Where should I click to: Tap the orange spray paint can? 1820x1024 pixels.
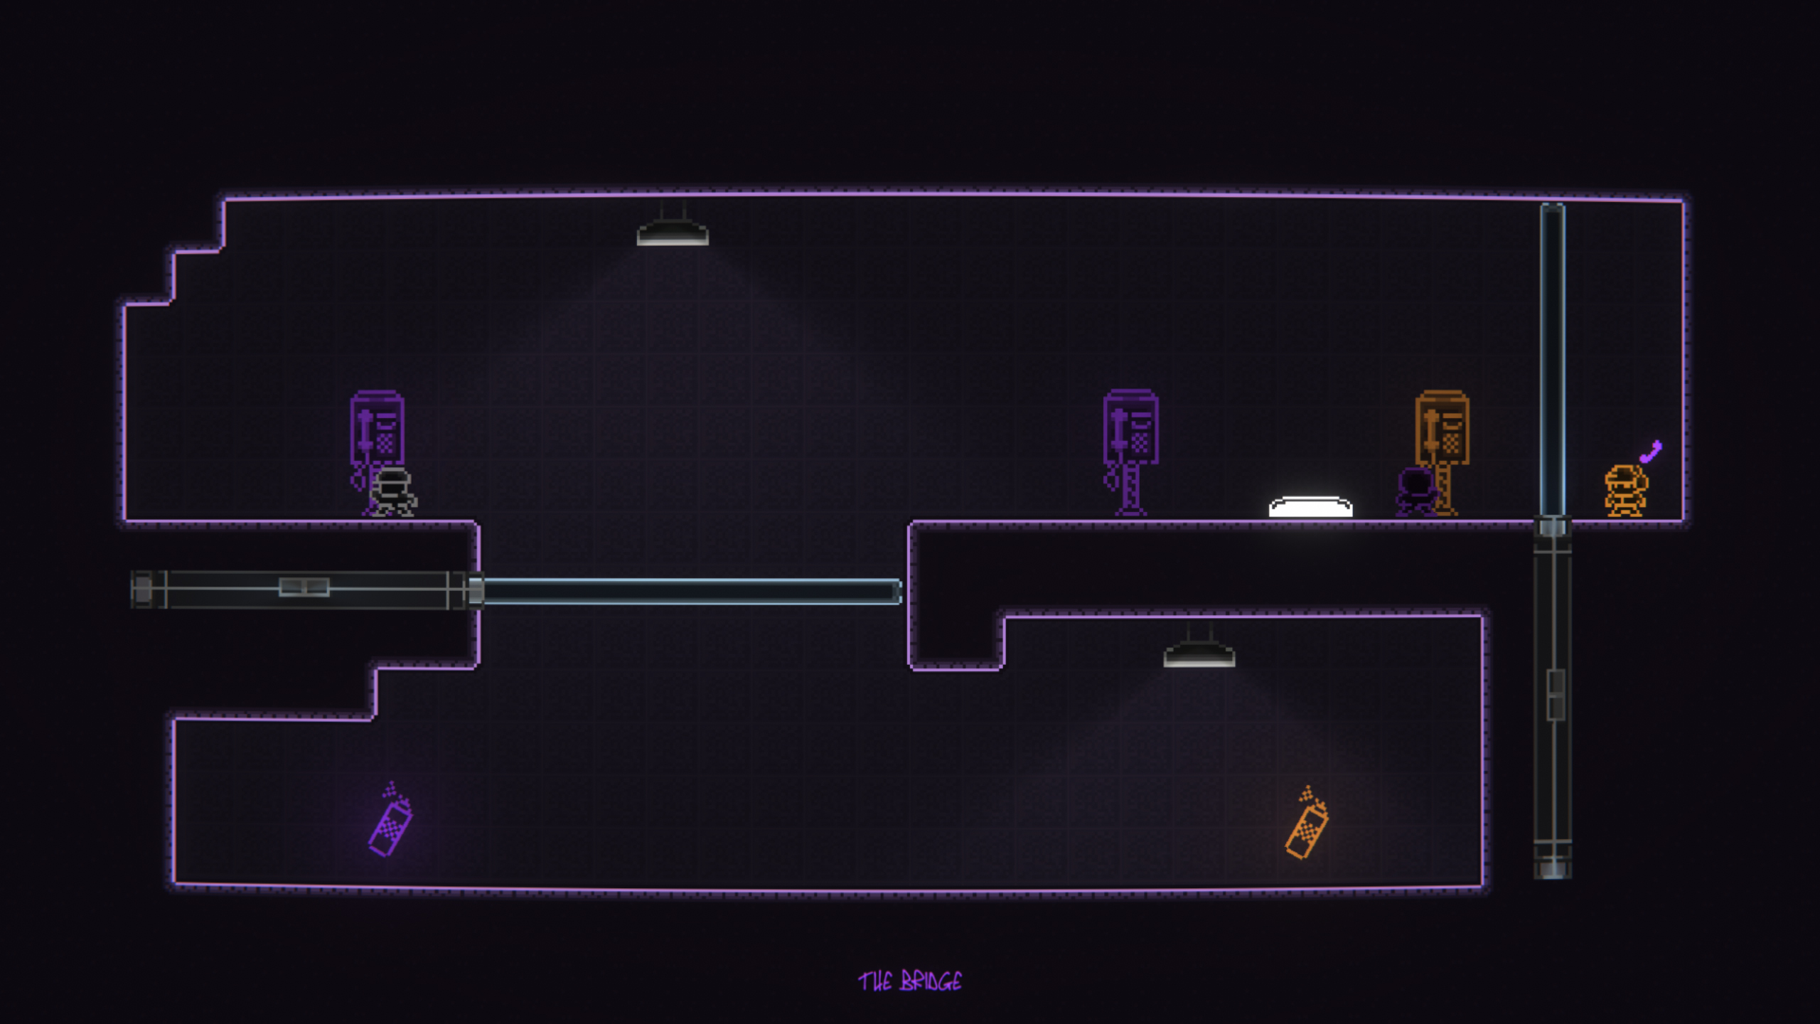pos(1307,827)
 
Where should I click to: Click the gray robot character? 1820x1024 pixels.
pos(393,491)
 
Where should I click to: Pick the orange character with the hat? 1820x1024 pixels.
pos(1625,490)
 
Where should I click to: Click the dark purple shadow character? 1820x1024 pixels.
pos(1415,491)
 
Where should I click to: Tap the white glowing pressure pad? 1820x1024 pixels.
pos(1310,507)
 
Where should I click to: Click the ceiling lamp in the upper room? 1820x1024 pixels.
pos(673,231)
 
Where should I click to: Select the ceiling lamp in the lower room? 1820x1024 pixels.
pos(1199,654)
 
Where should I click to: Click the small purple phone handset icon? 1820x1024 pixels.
pos(1652,451)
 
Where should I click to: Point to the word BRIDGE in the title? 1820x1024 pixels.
pos(931,982)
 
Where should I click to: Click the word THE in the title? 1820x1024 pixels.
pos(875,982)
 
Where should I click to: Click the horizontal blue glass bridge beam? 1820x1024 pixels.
pos(690,592)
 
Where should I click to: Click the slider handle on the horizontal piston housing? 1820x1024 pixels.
pos(304,587)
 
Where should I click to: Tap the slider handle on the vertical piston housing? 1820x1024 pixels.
pos(1556,694)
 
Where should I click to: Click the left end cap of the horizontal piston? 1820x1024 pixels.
pos(143,590)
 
